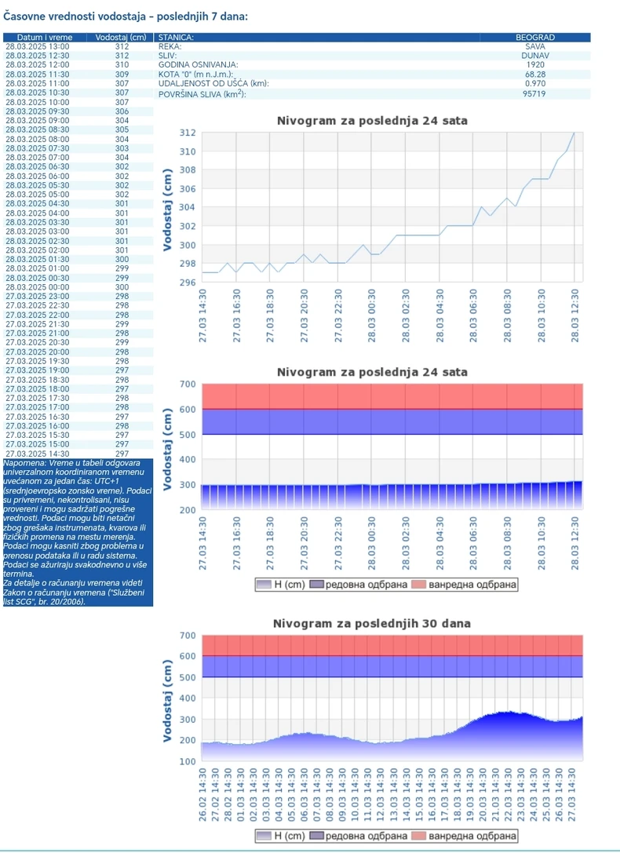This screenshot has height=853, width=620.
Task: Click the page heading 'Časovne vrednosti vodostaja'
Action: coord(126,15)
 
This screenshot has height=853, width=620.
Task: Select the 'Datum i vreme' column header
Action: coord(40,37)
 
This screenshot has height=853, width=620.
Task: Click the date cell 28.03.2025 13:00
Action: coord(37,46)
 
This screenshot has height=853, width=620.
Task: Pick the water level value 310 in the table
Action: coord(122,65)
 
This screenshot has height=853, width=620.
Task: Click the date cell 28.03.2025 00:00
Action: coord(37,286)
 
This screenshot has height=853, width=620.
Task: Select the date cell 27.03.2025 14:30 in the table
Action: coord(37,453)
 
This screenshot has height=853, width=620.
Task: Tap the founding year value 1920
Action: coord(535,65)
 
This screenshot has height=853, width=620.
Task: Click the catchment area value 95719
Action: coord(535,94)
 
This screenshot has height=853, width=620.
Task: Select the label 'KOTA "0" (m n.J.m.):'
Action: coord(195,75)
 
